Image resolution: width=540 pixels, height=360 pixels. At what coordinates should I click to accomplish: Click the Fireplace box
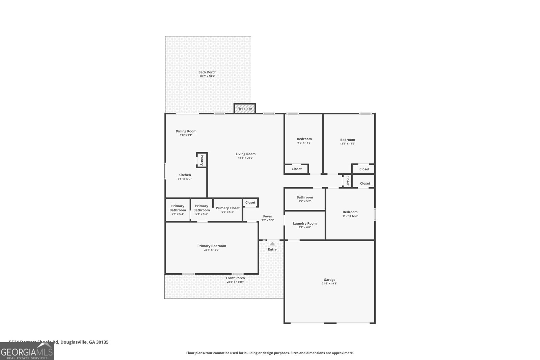[x=245, y=109]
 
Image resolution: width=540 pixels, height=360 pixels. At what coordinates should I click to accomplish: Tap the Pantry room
[x=202, y=160]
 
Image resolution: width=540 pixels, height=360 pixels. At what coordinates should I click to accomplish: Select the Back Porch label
[x=207, y=72]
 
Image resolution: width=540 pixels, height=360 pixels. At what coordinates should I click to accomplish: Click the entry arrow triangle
[x=272, y=244]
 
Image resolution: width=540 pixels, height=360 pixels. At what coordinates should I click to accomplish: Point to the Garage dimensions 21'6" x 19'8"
[x=329, y=284]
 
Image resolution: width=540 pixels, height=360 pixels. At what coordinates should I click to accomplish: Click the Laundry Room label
[x=305, y=223]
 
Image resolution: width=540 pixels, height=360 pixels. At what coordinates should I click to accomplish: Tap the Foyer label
[x=268, y=216]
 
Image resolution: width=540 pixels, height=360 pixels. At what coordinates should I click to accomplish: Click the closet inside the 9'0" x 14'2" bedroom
[x=297, y=169]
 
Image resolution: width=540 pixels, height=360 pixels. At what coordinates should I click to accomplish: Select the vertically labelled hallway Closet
[x=347, y=181]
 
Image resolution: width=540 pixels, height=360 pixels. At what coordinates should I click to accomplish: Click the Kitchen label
[x=185, y=175]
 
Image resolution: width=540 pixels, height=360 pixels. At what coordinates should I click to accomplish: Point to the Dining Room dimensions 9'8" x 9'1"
[x=186, y=135]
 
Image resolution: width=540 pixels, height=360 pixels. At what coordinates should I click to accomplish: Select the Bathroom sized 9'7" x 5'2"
[x=305, y=199]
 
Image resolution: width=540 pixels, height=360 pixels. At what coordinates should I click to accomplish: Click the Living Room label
[x=245, y=154]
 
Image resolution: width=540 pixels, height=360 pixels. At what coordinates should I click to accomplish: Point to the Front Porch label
[x=235, y=278]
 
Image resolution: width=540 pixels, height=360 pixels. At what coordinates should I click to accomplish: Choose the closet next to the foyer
[x=250, y=202]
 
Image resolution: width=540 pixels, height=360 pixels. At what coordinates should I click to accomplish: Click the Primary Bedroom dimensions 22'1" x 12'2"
[x=212, y=250]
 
